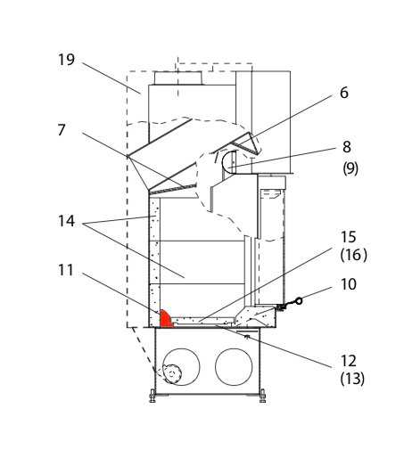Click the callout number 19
(x=66, y=60)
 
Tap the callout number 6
(x=344, y=93)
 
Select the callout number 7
(x=62, y=130)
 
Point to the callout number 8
(x=347, y=147)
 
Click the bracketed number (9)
(x=350, y=168)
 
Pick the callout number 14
(x=66, y=221)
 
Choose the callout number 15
(x=348, y=237)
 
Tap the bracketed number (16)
(x=353, y=255)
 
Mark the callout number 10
(x=348, y=284)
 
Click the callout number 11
(x=65, y=270)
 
